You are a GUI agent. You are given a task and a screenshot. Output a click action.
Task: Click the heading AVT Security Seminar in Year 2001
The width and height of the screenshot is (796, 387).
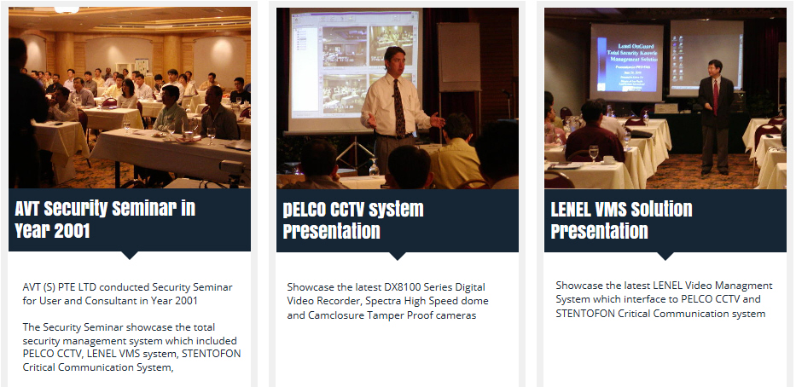tap(105, 220)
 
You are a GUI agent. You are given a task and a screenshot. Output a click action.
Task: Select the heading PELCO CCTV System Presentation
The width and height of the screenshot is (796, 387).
tap(353, 220)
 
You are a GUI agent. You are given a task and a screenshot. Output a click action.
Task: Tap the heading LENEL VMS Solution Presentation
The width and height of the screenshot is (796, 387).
tap(621, 220)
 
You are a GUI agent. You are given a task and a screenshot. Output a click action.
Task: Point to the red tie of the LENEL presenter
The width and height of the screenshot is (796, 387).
tap(716, 96)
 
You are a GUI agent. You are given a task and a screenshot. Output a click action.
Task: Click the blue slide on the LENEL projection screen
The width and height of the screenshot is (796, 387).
tap(625, 62)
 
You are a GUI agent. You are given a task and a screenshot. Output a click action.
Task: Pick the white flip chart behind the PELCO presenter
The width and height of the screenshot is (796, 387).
tap(458, 57)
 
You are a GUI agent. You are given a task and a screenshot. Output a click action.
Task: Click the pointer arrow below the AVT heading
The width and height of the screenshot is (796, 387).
tap(130, 255)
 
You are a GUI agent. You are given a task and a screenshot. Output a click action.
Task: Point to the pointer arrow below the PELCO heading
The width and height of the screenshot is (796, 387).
tap(398, 256)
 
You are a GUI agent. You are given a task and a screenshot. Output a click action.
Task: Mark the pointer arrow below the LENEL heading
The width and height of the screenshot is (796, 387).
tap(665, 256)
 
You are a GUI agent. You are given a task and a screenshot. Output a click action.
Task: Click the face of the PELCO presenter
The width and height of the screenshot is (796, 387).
tap(394, 60)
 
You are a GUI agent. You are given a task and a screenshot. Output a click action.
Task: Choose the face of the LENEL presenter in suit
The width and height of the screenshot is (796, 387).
tap(715, 69)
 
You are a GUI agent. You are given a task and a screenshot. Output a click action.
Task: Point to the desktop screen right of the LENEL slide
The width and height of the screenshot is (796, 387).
tap(706, 57)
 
